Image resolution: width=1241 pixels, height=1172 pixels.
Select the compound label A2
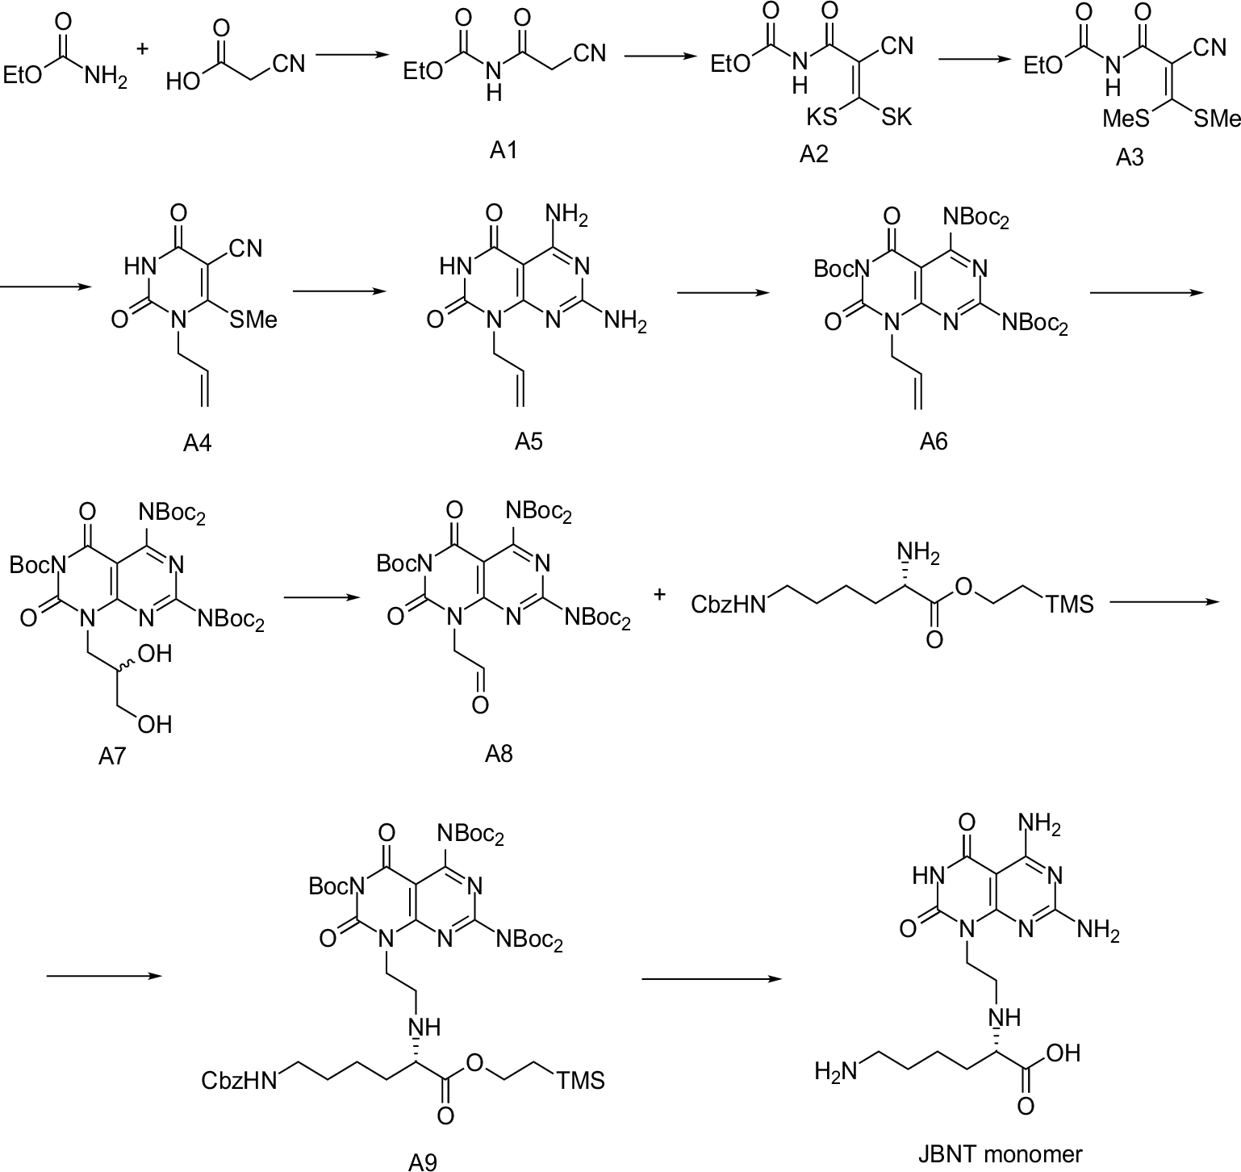point(813,153)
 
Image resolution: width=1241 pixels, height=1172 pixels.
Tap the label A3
point(1129,158)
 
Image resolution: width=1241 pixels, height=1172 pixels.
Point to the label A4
point(197,442)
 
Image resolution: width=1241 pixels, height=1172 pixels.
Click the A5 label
point(529,441)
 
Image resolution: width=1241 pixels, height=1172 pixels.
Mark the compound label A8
point(499,753)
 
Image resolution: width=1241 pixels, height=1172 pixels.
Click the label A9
point(422,1161)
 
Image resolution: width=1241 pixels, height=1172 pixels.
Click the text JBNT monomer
point(1000,1153)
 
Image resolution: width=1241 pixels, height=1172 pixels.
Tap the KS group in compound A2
point(822,118)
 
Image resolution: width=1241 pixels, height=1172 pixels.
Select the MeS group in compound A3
point(1126,119)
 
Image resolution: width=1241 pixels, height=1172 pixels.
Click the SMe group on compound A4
point(253,320)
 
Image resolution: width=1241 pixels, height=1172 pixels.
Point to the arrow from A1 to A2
point(661,57)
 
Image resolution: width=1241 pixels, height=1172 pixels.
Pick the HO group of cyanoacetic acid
point(183,82)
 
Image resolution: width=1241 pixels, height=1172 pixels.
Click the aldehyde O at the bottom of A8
point(479,705)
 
